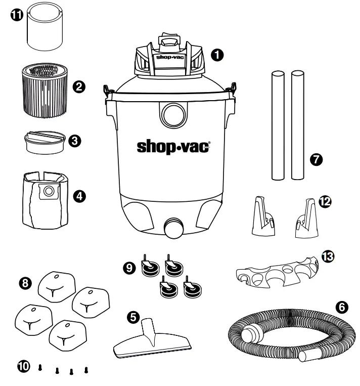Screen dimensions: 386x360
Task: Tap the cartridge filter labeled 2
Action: click(x=44, y=86)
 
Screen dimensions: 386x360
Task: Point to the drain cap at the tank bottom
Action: click(x=174, y=228)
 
